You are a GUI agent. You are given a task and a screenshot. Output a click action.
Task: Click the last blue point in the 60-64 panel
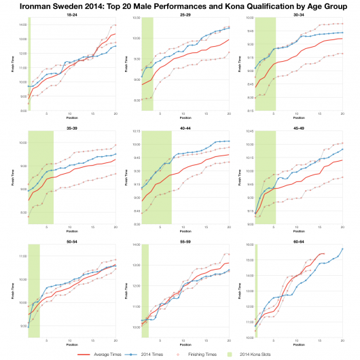coord(342,249)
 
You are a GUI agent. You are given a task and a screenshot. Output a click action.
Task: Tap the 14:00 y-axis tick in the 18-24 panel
coord(22,24)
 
